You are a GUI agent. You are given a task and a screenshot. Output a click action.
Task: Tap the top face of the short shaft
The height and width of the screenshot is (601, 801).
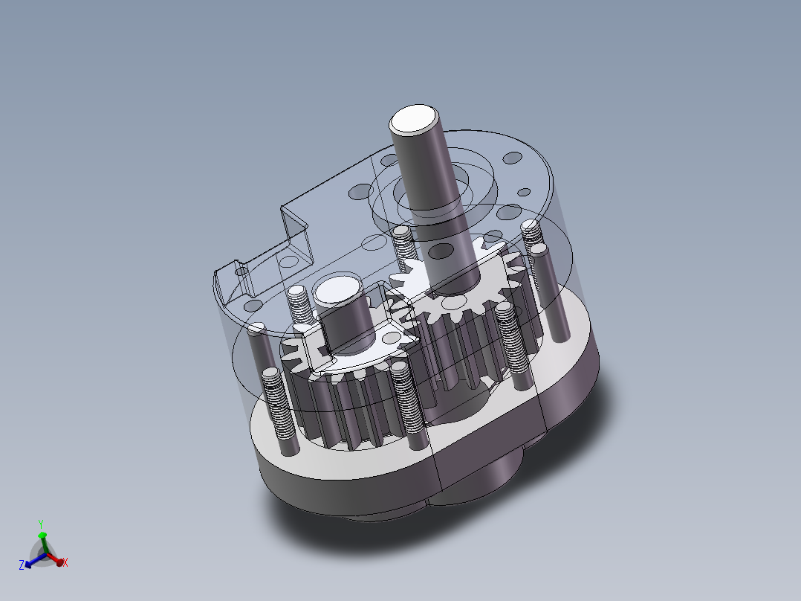pos(337,291)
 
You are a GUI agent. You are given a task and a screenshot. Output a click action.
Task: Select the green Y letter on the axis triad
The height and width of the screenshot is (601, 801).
pos(41,524)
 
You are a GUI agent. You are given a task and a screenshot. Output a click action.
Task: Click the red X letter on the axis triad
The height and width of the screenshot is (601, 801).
pos(65,563)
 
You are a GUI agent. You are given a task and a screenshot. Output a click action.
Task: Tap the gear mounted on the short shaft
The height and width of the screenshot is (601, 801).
pos(349,387)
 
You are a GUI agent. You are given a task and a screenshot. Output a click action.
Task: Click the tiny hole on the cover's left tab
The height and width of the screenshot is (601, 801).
pos(241,273)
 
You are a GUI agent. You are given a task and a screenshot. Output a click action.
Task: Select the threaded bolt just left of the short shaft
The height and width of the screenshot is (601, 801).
pos(297,305)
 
